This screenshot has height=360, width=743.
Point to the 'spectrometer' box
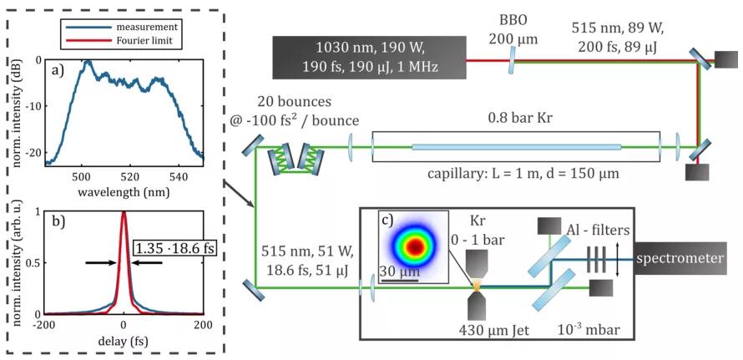[680, 259]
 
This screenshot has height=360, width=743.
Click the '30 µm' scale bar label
[397, 271]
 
